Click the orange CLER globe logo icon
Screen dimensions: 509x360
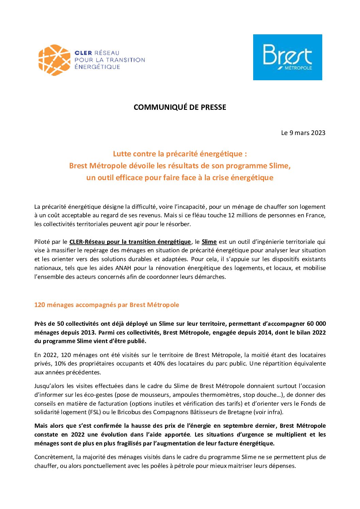click(54, 60)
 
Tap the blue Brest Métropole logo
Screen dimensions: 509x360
click(288, 57)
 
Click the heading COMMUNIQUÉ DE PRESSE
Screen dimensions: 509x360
click(180, 107)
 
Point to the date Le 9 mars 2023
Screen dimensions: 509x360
click(303, 133)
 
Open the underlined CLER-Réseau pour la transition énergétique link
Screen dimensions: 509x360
click(130, 242)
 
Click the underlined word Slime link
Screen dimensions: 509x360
click(209, 242)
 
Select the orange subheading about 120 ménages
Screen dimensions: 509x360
click(107, 305)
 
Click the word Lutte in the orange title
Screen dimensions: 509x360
click(122, 154)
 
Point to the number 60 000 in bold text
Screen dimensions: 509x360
click(316, 324)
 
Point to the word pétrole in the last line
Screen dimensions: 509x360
click(184, 466)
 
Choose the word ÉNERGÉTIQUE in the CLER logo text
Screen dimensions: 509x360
click(97, 67)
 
